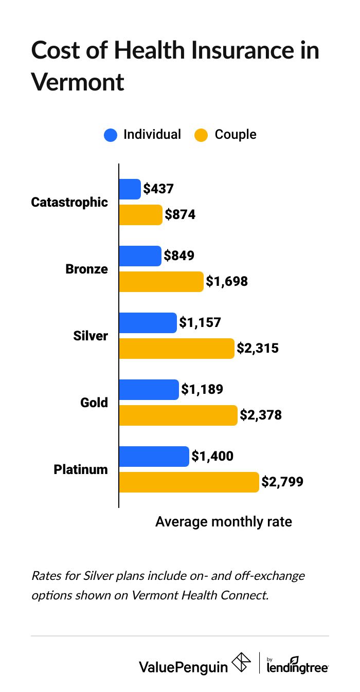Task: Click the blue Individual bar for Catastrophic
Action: (x=130, y=189)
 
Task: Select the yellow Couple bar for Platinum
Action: (x=189, y=482)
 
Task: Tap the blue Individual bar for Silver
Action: (x=148, y=323)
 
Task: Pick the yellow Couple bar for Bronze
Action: (x=161, y=282)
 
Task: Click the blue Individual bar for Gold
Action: (x=149, y=390)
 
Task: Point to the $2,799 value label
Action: (x=282, y=482)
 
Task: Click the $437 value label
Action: (x=159, y=189)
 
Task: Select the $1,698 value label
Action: (x=227, y=282)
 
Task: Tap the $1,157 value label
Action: (x=200, y=323)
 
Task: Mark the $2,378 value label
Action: (x=261, y=415)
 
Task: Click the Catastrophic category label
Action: (x=69, y=202)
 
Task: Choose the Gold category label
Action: (x=94, y=403)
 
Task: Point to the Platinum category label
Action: (x=81, y=469)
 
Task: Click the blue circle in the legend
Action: (x=111, y=135)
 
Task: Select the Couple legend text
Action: (x=235, y=135)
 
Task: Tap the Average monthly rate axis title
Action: (x=224, y=522)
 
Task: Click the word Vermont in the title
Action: (x=78, y=82)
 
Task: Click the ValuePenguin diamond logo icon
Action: (x=242, y=663)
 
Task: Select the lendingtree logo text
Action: (x=297, y=667)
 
